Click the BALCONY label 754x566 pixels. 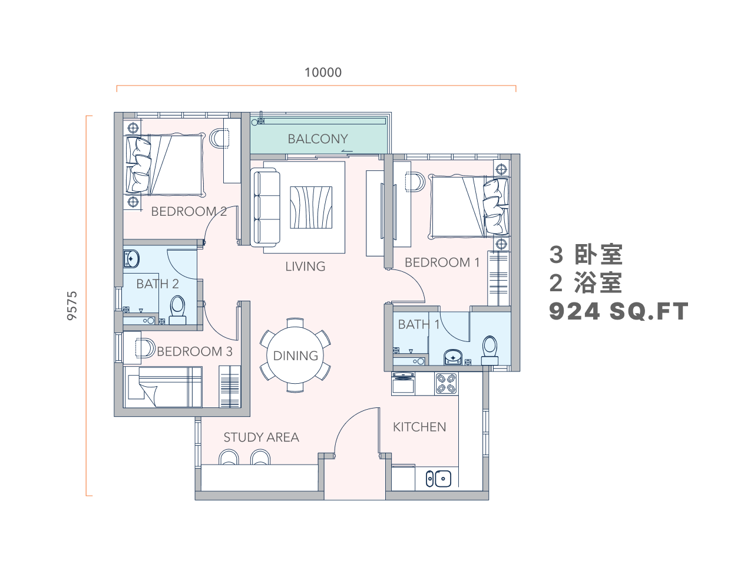(318, 139)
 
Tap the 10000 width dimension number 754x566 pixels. (323, 73)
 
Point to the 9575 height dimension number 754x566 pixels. (72, 305)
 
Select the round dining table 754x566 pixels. (295, 356)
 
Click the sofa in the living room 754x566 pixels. (265, 207)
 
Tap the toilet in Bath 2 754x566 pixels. (177, 310)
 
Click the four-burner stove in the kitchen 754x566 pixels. (447, 383)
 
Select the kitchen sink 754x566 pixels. (439, 478)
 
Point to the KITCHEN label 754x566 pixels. (419, 427)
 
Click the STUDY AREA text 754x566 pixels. (261, 437)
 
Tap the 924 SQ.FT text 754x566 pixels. (619, 311)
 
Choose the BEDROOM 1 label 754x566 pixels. (442, 262)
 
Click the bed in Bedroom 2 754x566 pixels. (166, 165)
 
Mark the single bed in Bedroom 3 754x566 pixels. (163, 387)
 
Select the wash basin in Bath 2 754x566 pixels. (131, 259)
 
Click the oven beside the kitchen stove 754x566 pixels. (403, 383)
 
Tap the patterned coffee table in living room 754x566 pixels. (311, 208)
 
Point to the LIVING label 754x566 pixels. (305, 266)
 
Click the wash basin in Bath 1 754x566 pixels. (453, 357)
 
